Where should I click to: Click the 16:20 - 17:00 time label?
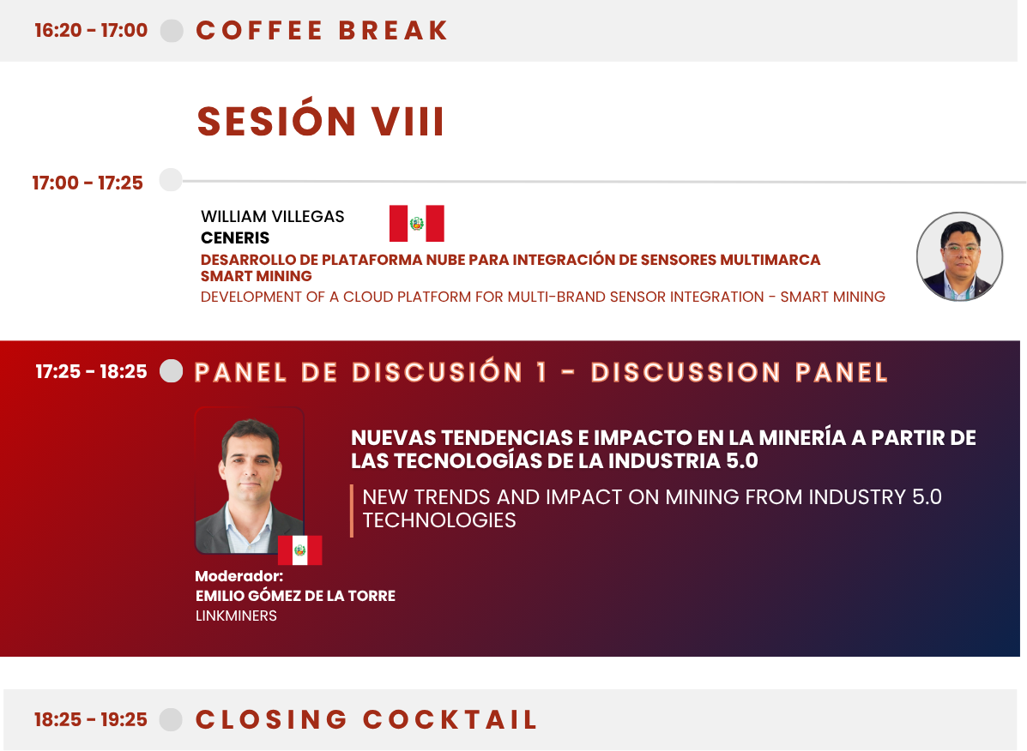(91, 30)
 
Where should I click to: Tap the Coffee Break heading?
(322, 31)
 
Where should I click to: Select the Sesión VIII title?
(321, 121)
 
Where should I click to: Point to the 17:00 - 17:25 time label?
(88, 183)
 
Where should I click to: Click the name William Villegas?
(273, 217)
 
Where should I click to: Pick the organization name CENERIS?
(235, 237)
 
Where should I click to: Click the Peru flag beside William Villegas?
(417, 223)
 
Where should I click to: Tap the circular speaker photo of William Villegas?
(959, 256)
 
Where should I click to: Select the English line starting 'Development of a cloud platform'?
(543, 297)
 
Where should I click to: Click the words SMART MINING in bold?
(256, 276)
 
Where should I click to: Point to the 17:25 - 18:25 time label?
(91, 371)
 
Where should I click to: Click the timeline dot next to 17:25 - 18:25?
(172, 371)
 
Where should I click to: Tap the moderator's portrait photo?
(250, 481)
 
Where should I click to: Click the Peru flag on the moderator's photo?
(300, 550)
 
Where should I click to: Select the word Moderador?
(239, 576)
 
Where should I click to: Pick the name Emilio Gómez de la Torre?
(295, 596)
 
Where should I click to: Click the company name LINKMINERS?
(237, 616)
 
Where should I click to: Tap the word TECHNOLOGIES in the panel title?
(439, 520)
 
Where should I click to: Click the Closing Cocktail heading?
(367, 719)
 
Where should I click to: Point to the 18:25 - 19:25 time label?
(91, 719)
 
